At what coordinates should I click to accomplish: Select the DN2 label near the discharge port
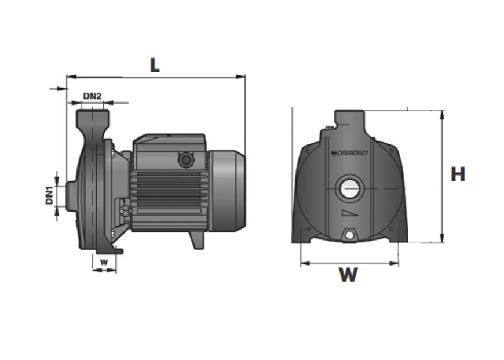pos(93,96)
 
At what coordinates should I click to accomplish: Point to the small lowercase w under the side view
pos(104,261)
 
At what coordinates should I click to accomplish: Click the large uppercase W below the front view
pos(348,274)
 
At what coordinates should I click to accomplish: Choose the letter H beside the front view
pos(458,174)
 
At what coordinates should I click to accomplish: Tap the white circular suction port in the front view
pos(349,189)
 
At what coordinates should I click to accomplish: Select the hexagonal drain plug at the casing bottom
pos(349,235)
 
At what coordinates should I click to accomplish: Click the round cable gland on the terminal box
pos(185,158)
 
